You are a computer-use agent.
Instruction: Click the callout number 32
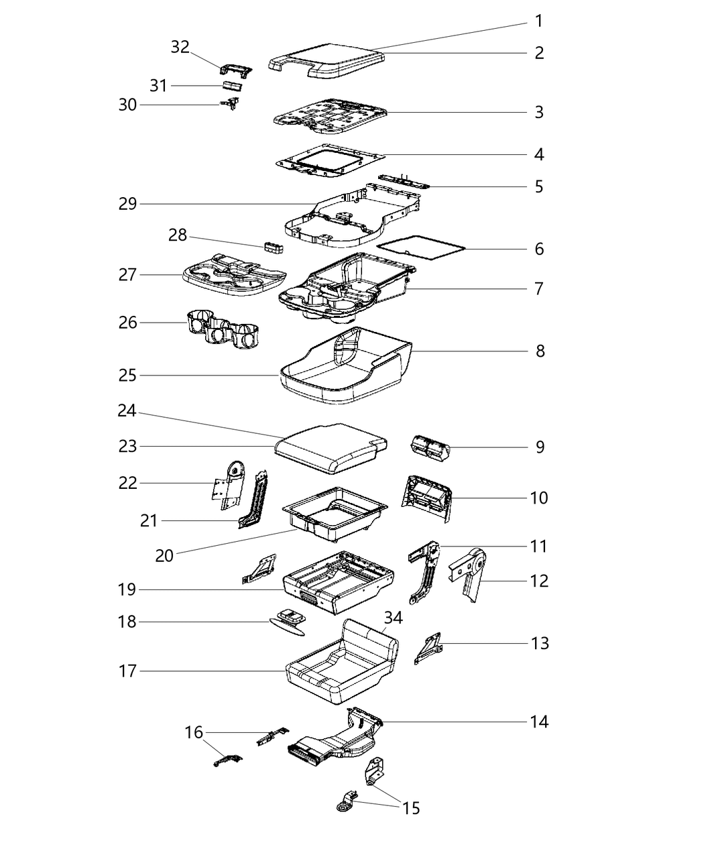point(180,47)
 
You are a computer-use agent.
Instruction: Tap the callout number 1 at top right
point(538,21)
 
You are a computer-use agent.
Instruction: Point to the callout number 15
point(411,808)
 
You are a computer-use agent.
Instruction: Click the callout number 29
point(127,204)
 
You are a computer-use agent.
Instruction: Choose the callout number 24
point(127,411)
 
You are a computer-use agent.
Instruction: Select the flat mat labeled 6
point(421,248)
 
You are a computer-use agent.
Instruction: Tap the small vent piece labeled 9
point(429,448)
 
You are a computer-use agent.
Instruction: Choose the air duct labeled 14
point(335,741)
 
